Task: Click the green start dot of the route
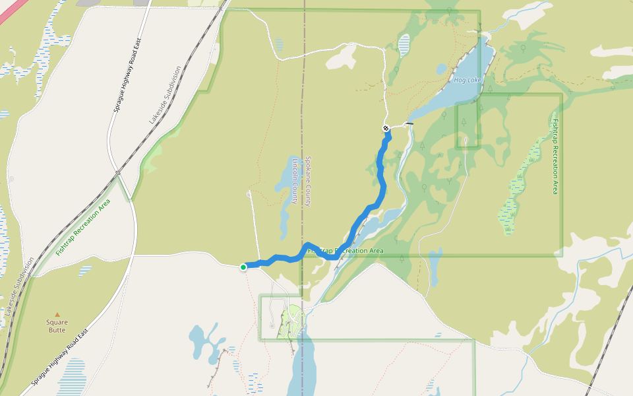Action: point(243,267)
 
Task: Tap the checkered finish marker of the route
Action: point(386,128)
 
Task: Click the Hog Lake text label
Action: point(468,80)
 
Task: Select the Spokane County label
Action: point(307,181)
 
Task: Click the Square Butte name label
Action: point(57,326)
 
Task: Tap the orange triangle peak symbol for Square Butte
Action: point(57,315)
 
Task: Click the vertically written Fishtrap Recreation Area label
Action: point(555,156)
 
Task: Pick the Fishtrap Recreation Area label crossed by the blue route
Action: point(346,251)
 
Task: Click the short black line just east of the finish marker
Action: point(409,123)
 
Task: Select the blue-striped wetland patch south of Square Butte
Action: point(71,376)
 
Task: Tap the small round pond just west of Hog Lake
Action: point(441,69)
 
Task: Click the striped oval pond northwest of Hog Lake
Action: point(404,44)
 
